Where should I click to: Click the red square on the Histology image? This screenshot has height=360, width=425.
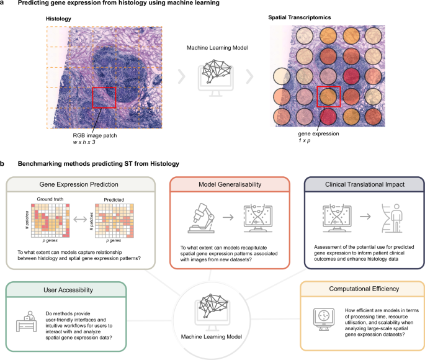pos(104,98)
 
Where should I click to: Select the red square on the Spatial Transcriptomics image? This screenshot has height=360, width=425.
pos(329,97)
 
